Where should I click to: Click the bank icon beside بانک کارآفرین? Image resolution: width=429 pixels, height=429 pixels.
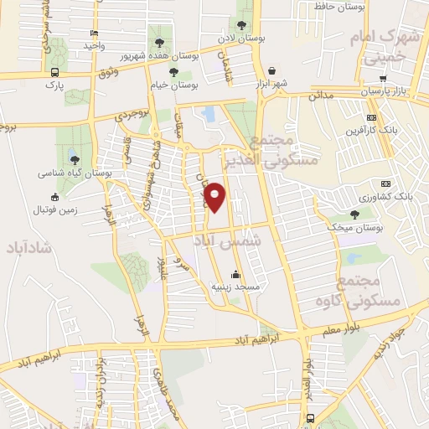370,117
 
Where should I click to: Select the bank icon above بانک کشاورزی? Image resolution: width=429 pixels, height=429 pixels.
386,183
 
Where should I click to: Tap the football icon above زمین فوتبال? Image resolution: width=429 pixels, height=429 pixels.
55,197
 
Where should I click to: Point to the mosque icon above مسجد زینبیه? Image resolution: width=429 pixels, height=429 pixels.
236,274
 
